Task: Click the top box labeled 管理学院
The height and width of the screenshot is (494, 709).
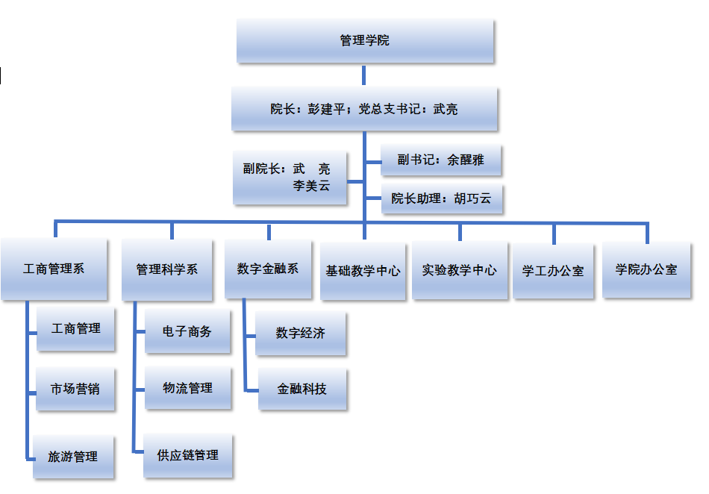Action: coord(365,41)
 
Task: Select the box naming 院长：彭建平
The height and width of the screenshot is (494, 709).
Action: coord(364,109)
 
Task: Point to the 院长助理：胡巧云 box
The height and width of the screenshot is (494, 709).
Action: coord(441,198)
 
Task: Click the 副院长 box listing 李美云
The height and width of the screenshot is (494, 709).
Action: coord(290,178)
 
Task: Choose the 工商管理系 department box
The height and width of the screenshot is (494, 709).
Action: coord(54,269)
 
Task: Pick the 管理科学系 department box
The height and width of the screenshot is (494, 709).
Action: coord(167,269)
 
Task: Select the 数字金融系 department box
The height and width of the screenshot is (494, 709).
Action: coord(268,269)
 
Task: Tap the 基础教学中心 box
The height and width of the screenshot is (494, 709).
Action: coord(363,270)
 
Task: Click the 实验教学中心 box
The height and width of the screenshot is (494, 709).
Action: coord(459,270)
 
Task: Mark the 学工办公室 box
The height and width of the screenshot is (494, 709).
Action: coord(553,271)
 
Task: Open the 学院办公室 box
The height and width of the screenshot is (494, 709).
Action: coord(646,269)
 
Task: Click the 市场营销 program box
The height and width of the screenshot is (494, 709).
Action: coord(75,389)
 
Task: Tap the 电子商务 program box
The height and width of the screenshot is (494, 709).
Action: coord(187,331)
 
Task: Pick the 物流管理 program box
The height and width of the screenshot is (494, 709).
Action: coord(188,388)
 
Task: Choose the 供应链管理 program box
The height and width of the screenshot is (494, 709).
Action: coord(188,454)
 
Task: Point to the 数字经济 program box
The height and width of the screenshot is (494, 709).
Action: coord(301,334)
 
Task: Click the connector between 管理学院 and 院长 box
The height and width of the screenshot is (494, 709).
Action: coord(364,75)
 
